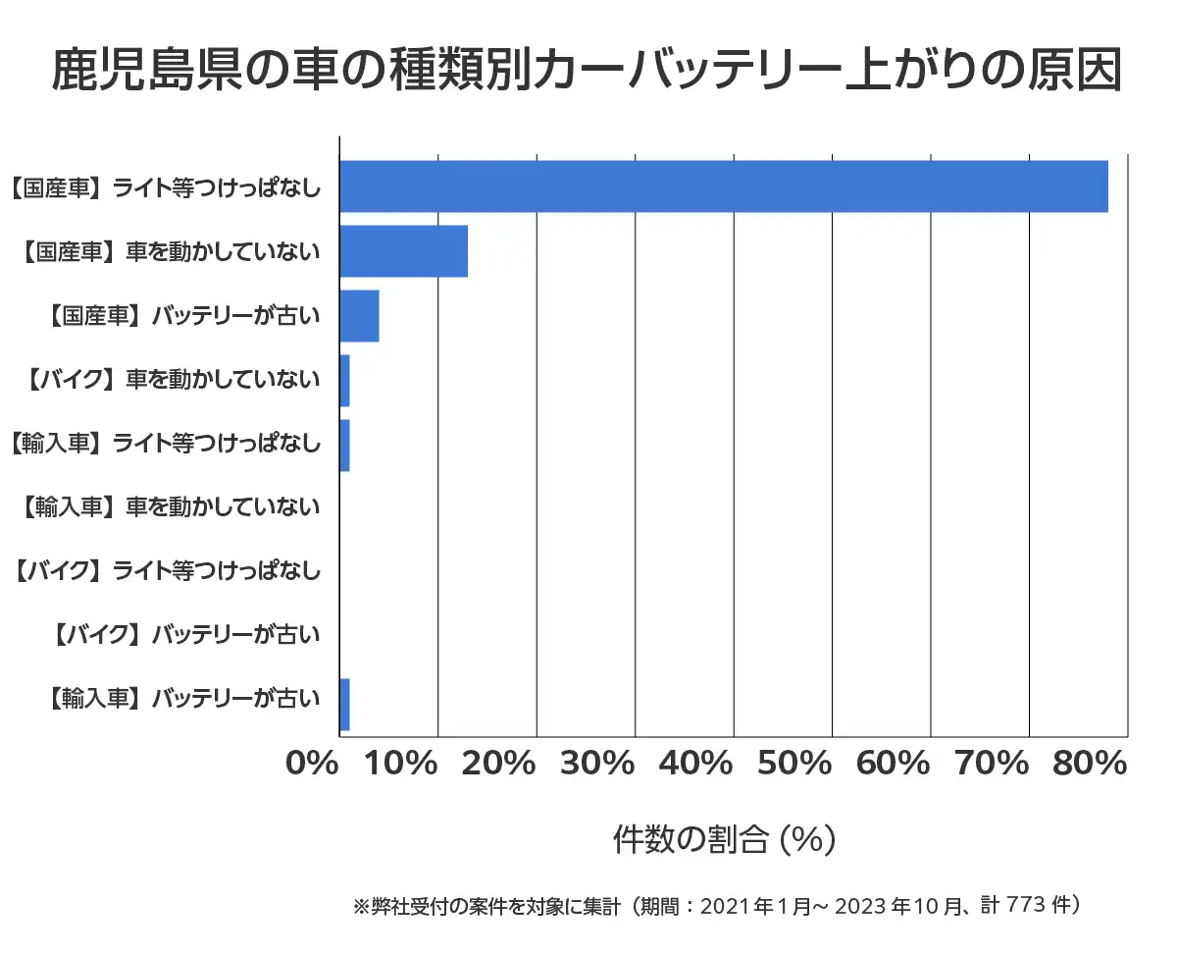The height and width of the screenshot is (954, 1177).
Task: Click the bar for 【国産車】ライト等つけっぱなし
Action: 723,186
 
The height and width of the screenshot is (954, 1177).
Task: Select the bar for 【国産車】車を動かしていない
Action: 403,251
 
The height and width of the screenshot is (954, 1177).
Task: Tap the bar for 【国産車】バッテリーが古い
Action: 359,316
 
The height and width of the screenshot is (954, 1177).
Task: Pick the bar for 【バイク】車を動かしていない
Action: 344,381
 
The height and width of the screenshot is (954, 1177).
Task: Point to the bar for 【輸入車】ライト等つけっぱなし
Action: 344,446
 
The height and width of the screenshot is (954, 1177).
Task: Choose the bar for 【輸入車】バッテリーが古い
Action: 344,705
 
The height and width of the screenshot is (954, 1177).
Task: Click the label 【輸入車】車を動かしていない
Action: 170,507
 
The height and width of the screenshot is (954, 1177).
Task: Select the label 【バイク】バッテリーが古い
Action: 183,635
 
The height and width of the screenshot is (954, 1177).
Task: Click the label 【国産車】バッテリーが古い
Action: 183,316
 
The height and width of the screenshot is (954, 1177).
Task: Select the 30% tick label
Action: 598,764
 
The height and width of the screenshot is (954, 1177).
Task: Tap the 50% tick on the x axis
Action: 795,764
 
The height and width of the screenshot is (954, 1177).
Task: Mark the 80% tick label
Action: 1090,764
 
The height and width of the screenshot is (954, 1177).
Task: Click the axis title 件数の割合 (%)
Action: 724,839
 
